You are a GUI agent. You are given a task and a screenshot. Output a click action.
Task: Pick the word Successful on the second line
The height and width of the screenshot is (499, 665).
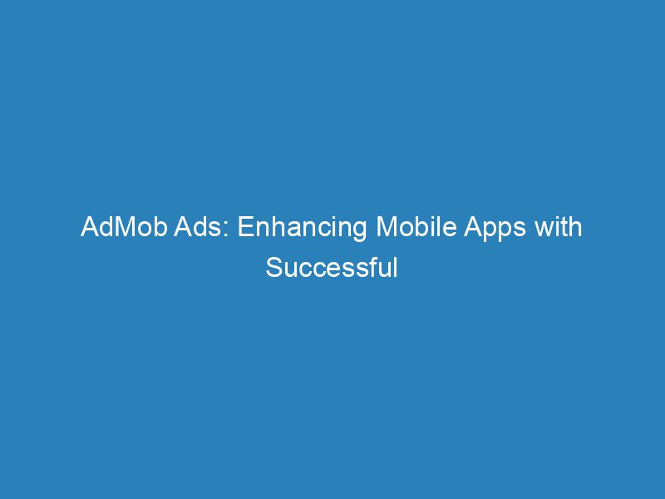[332, 268]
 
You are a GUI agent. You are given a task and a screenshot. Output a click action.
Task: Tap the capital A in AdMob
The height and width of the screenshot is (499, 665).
[90, 228]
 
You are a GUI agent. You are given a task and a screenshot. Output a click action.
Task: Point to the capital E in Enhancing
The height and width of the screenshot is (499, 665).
[244, 228]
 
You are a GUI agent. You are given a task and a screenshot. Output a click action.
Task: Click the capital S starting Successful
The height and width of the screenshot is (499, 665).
[273, 268]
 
